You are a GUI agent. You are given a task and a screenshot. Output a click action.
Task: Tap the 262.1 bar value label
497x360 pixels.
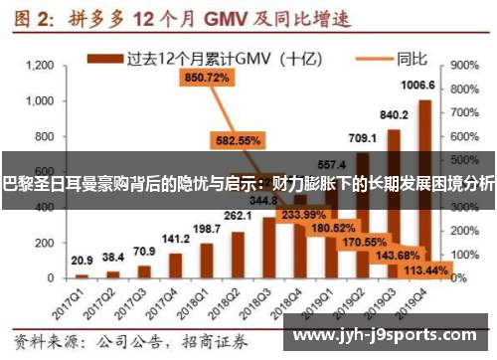238,216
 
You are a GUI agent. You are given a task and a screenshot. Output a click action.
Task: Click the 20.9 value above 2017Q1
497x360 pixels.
83,260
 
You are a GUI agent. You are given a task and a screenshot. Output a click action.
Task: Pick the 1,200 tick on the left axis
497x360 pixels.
39,66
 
